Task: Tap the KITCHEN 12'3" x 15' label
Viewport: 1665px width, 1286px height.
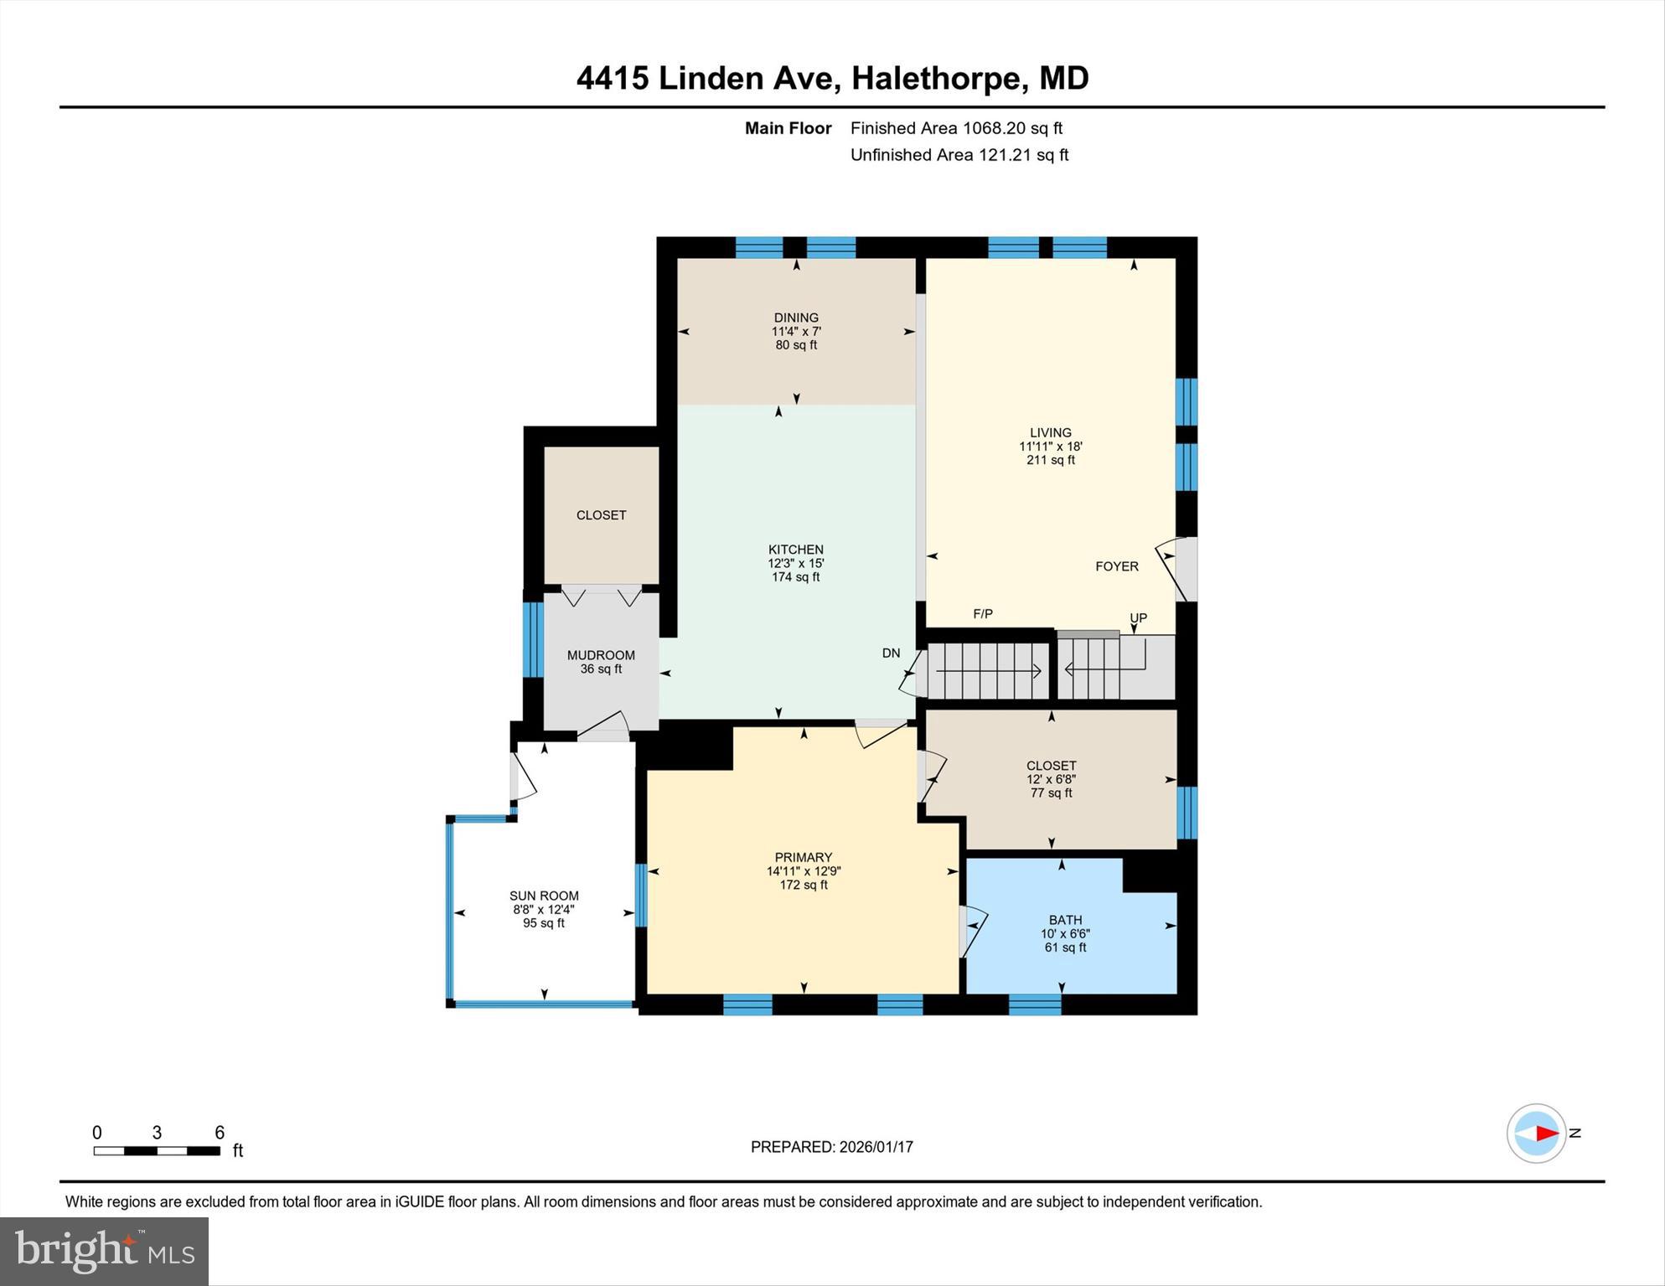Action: click(795, 563)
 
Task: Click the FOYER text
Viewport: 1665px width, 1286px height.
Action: click(1116, 567)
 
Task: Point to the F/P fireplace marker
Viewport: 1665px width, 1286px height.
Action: click(982, 614)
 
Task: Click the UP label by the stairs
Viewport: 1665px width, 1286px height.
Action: click(1137, 618)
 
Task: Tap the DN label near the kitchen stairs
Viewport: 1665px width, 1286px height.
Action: click(890, 653)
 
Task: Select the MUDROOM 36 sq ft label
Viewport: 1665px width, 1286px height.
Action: click(601, 662)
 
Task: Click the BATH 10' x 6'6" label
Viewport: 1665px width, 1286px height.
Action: click(1064, 932)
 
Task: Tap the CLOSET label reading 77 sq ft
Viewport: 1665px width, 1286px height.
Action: click(1051, 778)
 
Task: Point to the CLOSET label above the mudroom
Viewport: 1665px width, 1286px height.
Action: click(601, 515)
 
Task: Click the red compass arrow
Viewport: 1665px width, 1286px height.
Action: click(1546, 1134)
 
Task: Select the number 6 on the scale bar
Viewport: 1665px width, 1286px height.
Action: click(220, 1133)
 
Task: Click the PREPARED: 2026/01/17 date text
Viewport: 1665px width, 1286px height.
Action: click(831, 1147)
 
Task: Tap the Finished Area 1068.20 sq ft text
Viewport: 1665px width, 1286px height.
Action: click(955, 128)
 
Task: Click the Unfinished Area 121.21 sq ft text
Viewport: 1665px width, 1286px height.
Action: click(959, 155)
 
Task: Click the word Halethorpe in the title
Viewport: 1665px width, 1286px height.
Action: click(939, 79)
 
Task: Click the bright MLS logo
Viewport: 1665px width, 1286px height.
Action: click(104, 1251)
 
